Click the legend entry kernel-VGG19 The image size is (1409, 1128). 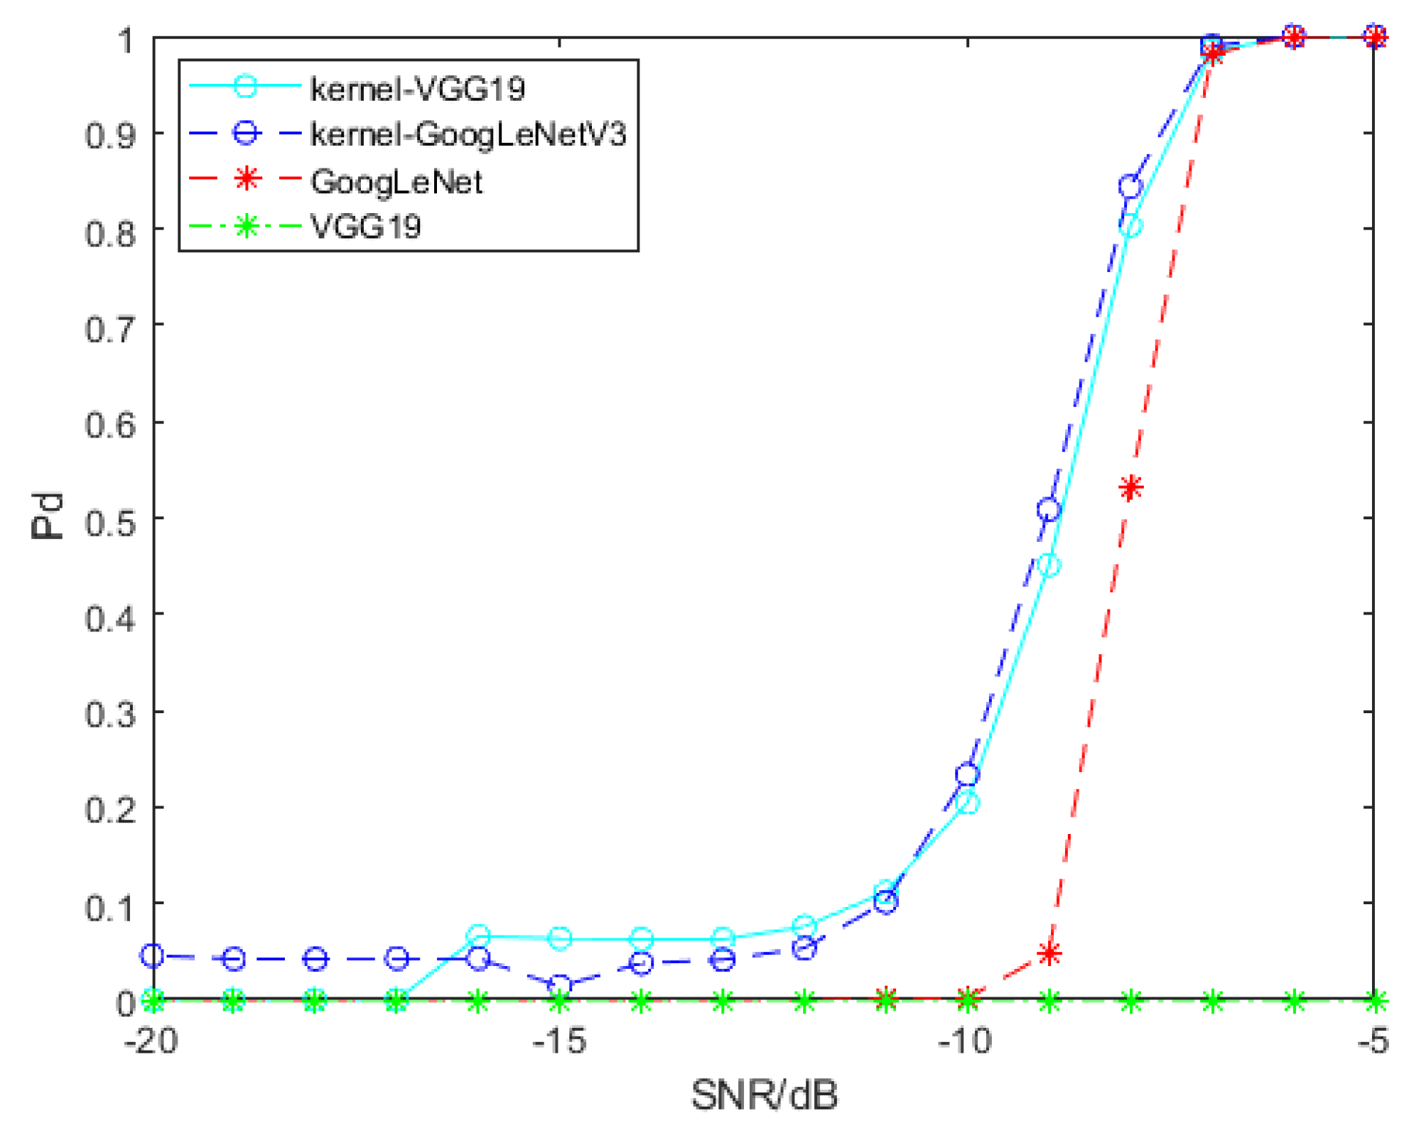click(417, 89)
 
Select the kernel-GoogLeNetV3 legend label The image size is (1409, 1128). click(468, 134)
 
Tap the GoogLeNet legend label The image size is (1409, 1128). click(396, 182)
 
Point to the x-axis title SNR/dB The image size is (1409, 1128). click(764, 1095)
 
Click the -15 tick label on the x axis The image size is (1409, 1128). click(559, 1042)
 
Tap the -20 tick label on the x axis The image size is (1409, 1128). click(151, 1042)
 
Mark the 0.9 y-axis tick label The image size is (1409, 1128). click(110, 134)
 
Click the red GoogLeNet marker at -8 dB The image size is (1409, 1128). click(1130, 488)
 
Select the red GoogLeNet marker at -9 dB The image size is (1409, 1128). click(1049, 953)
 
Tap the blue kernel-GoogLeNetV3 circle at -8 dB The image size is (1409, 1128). click(1130, 187)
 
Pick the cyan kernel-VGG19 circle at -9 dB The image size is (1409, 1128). click(1049, 565)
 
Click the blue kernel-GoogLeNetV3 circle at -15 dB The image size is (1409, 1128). click(560, 985)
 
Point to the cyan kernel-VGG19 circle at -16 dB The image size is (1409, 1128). click(479, 936)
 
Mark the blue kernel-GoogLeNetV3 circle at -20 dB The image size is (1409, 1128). click(153, 955)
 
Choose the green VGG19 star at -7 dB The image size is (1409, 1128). click(1213, 1002)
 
